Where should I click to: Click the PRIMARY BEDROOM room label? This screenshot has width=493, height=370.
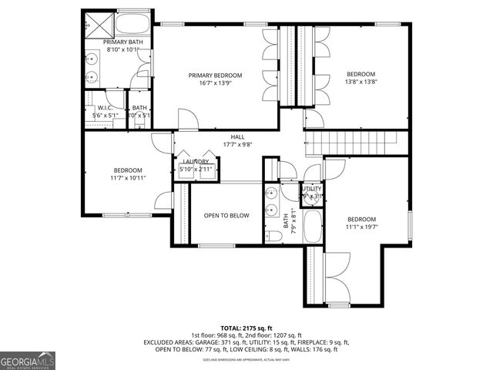(x=216, y=76)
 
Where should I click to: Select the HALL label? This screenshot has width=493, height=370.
(x=237, y=136)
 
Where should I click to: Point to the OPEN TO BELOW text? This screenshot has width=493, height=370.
(x=226, y=216)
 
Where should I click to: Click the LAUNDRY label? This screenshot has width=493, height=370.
(x=196, y=161)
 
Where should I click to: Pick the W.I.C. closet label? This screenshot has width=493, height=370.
(x=106, y=108)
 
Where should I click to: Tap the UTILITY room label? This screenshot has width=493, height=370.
(x=312, y=189)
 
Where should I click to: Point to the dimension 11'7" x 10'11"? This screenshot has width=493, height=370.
(x=128, y=178)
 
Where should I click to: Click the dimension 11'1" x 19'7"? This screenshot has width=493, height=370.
(x=361, y=227)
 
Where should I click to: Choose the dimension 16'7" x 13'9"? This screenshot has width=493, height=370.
(x=216, y=83)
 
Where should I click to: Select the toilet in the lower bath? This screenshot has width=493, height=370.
(x=273, y=234)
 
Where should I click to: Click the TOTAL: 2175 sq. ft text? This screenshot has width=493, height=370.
(x=246, y=328)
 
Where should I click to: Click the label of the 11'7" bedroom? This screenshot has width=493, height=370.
(x=128, y=170)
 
